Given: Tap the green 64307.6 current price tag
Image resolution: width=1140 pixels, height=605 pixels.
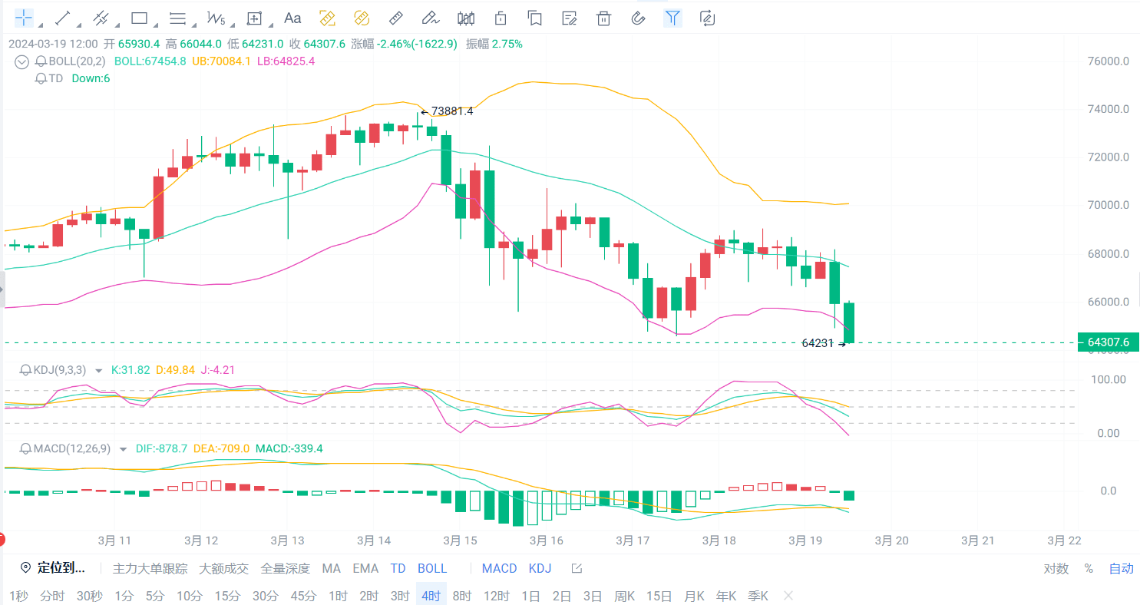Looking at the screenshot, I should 1108,342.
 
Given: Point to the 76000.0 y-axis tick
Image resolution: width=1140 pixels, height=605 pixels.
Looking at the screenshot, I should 1109,61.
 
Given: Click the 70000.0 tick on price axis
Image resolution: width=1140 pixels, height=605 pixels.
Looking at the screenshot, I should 1109,205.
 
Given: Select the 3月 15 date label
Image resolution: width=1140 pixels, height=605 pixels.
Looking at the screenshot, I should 460,541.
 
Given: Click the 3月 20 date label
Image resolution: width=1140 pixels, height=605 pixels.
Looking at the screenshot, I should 892,541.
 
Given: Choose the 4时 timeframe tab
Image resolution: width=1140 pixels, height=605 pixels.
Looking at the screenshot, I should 430,596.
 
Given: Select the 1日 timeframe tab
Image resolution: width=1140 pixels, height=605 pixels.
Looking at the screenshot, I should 530,596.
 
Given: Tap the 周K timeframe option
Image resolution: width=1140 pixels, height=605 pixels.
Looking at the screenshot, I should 624,596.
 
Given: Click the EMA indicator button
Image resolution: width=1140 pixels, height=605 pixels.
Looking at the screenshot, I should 365,569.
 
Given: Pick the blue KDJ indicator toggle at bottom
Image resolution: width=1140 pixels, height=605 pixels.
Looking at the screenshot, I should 540,569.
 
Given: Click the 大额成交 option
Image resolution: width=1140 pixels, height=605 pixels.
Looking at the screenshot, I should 223,569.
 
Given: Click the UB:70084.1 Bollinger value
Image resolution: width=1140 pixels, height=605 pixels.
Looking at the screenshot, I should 221,61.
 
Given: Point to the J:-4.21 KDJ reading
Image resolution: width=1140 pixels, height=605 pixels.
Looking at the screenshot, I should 217,370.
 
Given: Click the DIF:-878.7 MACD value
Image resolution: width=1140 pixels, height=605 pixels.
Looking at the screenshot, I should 161,448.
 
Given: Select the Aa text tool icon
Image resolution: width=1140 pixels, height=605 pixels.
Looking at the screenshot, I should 292,18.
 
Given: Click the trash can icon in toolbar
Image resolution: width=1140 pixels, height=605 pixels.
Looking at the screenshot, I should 604,18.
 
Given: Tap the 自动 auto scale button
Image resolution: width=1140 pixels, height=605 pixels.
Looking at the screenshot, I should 1121,569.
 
